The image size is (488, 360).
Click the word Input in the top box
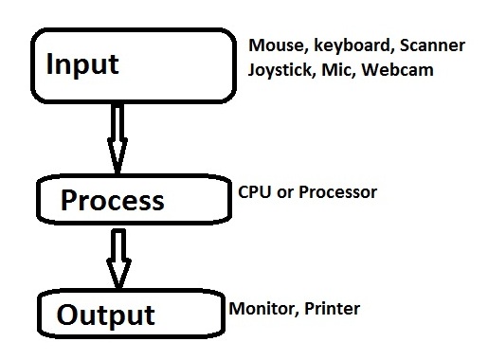83,64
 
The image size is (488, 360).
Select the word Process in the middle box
112,201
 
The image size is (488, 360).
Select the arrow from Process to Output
117,256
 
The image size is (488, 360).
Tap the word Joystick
280,69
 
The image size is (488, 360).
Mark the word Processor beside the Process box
340,192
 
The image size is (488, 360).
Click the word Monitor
260,309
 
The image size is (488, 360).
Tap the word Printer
331,309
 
